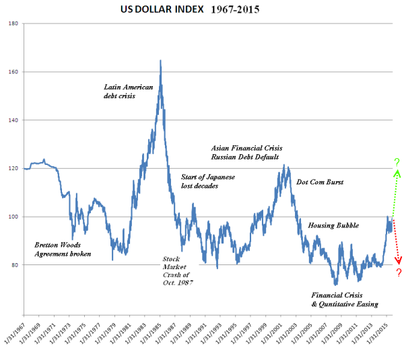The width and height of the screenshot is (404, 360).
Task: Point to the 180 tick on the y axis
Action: (x=14, y=24)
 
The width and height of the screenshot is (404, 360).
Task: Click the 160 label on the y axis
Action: (x=14, y=72)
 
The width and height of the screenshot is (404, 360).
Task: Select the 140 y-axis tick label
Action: (x=14, y=120)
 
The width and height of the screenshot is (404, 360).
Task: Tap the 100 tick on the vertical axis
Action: (x=14, y=217)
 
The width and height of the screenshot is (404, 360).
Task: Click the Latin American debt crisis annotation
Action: (x=129, y=92)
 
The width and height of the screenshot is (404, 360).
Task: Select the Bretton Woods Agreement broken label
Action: (x=63, y=249)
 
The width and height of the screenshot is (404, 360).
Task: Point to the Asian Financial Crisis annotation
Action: (x=246, y=147)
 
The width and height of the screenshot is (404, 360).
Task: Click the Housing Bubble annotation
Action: (x=333, y=225)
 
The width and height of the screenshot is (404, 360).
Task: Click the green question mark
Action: (x=397, y=162)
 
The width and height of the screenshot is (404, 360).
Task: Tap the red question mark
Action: (x=399, y=273)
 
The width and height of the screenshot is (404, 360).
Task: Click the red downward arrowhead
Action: (x=399, y=260)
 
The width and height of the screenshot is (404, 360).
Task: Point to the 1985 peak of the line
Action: (x=160, y=61)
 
